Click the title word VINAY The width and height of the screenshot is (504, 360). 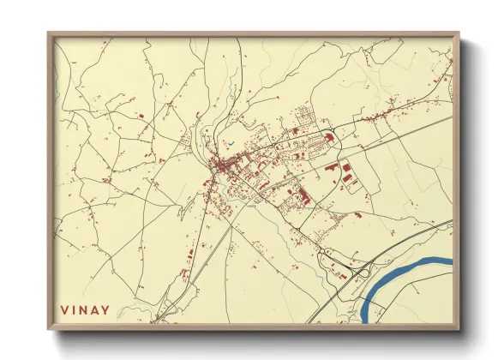[x=85, y=309]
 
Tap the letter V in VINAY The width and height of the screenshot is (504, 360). [x=64, y=309]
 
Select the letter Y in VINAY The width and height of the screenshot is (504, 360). [x=105, y=309]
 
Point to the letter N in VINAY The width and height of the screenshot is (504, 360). [x=84, y=309]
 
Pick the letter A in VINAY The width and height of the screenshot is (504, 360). [x=94, y=309]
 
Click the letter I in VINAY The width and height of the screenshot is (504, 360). [x=75, y=309]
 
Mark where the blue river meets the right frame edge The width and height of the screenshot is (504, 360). [x=451, y=260]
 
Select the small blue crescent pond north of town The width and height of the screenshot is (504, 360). [x=229, y=142]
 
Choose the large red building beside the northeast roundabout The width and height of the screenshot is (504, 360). [x=347, y=174]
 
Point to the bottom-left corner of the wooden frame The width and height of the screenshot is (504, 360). [x=49, y=329]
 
